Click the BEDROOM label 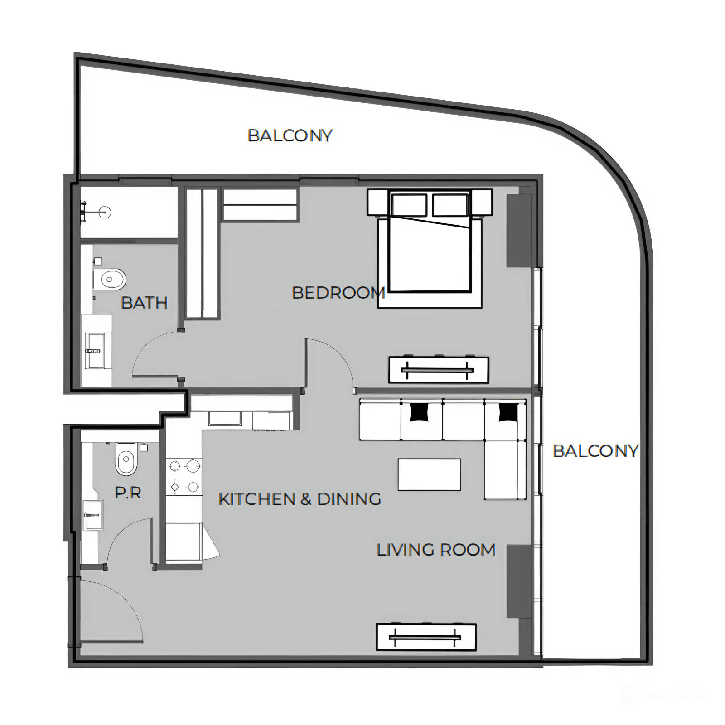click(x=338, y=293)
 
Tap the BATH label click(x=145, y=303)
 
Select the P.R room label click(x=128, y=493)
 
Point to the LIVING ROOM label click(x=436, y=550)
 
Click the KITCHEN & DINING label click(x=300, y=499)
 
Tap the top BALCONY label click(x=290, y=135)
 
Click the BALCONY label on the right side click(x=595, y=451)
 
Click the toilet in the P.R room click(x=126, y=459)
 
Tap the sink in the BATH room click(x=95, y=351)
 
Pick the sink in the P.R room click(x=93, y=515)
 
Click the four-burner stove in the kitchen click(x=184, y=476)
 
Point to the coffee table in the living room click(x=429, y=474)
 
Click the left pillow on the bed click(x=409, y=205)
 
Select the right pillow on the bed click(x=450, y=205)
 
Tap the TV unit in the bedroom click(x=439, y=370)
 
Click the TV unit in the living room click(x=426, y=637)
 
